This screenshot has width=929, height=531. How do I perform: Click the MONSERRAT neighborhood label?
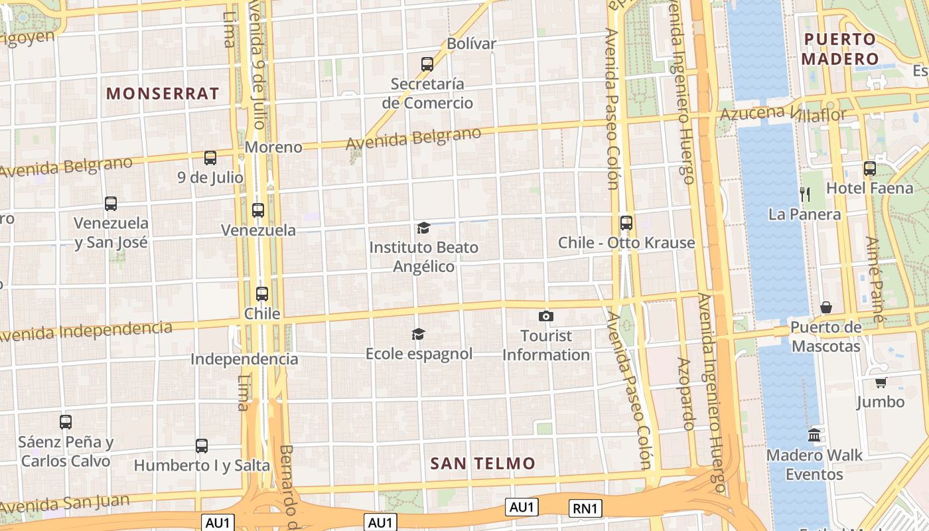[163, 94]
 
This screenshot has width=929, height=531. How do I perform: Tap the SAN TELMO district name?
[482, 463]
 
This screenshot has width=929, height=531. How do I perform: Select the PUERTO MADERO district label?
[839, 49]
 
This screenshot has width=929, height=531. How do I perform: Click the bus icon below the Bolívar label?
[427, 64]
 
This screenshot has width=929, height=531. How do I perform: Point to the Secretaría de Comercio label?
[427, 94]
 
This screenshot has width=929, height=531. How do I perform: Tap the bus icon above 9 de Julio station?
[210, 158]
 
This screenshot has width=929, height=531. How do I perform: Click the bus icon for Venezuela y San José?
[111, 204]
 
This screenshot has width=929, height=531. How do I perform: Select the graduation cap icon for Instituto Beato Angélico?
[423, 228]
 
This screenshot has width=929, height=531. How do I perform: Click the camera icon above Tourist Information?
[546, 316]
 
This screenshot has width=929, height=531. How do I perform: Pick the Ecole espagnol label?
[419, 354]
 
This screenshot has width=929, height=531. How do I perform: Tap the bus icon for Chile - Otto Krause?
[626, 223]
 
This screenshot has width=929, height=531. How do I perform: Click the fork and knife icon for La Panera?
[805, 194]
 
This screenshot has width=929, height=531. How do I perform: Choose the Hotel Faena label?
[869, 189]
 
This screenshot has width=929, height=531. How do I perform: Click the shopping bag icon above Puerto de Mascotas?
[826, 307]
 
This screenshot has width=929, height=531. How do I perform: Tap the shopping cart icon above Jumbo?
[881, 382]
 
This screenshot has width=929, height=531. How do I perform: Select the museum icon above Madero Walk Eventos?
[814, 435]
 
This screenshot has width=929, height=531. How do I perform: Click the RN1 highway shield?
[585, 508]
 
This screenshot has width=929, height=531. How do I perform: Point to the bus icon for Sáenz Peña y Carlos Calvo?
[66, 421]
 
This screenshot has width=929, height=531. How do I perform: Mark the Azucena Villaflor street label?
[783, 113]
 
